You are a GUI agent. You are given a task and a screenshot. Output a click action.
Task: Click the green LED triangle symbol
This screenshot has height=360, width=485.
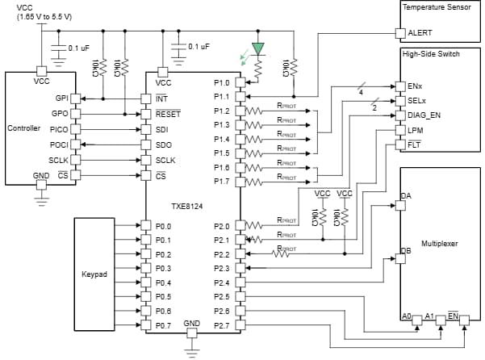pos(258,48)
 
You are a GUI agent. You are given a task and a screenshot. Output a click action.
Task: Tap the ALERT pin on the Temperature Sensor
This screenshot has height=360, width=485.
pos(420,33)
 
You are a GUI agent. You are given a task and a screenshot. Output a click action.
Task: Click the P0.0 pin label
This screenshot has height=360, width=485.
pos(164,226)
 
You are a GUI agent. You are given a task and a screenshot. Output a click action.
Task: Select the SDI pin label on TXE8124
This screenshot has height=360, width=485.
pos(162,129)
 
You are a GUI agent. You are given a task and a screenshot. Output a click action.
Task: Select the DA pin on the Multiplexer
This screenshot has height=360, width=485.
pos(407,196)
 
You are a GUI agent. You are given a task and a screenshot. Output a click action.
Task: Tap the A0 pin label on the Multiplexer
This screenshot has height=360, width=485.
pos(407,316)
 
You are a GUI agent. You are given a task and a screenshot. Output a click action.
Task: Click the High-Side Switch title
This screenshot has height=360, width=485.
pos(431,54)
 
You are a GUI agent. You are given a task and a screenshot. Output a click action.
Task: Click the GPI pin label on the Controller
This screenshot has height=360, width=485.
pos(61,98)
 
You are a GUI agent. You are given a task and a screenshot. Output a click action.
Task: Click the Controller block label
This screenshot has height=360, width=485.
pos(23,128)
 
